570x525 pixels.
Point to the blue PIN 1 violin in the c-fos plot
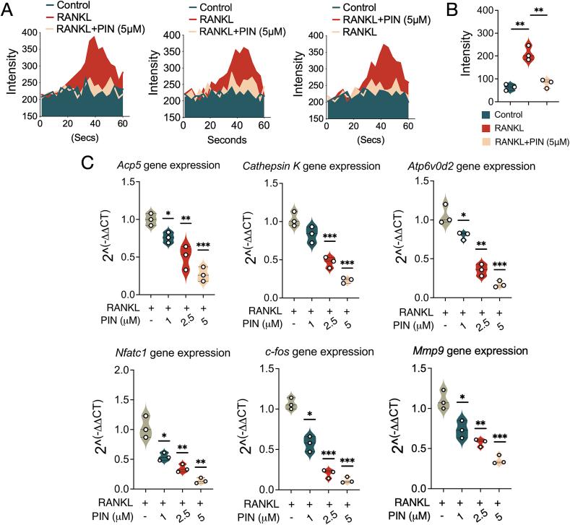click(x=312, y=441)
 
